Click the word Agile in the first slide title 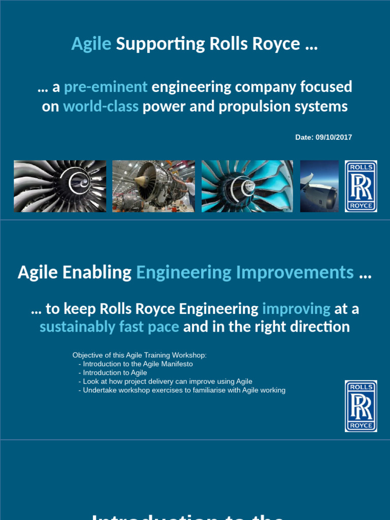tap(91, 44)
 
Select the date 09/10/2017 tap(334, 138)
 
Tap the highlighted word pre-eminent tap(106, 87)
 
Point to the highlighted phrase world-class tap(101, 107)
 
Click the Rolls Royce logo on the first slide tap(361, 186)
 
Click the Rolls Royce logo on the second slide tap(361, 406)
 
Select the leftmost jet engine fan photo tap(60, 186)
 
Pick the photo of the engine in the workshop tap(153, 186)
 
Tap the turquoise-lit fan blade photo tap(247, 186)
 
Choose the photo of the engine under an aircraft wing tap(319, 186)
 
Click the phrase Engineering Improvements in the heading tap(245, 273)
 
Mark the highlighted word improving tap(296, 309)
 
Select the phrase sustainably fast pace tap(109, 327)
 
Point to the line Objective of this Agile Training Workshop tap(140, 355)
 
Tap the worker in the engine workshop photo tap(190, 190)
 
